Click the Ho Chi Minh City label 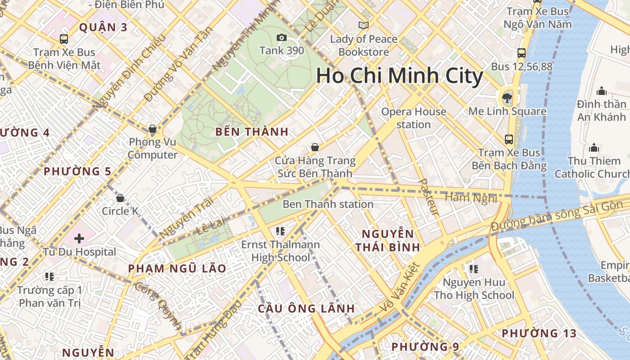pyautogui.click(x=400, y=76)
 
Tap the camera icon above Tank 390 pyautogui.click(x=282, y=37)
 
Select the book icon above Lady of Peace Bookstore pyautogui.click(x=363, y=25)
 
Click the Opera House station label pyautogui.click(x=414, y=118)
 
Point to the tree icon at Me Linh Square pyautogui.click(x=507, y=97)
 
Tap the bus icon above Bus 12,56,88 pyautogui.click(x=522, y=53)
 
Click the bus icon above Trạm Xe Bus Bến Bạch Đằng pyautogui.click(x=509, y=139)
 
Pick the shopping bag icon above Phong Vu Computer pyautogui.click(x=153, y=129)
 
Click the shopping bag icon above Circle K pyautogui.click(x=120, y=198)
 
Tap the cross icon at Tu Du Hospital pyautogui.click(x=79, y=238)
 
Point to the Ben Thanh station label pyautogui.click(x=328, y=204)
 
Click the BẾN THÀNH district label pyautogui.click(x=252, y=132)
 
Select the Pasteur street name pyautogui.click(x=428, y=196)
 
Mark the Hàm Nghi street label pyautogui.click(x=470, y=197)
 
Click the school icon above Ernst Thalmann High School pyautogui.click(x=280, y=231)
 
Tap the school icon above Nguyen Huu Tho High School pyautogui.click(x=473, y=269)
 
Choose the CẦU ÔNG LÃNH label pyautogui.click(x=306, y=309)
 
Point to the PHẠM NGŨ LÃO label pyautogui.click(x=177, y=269)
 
